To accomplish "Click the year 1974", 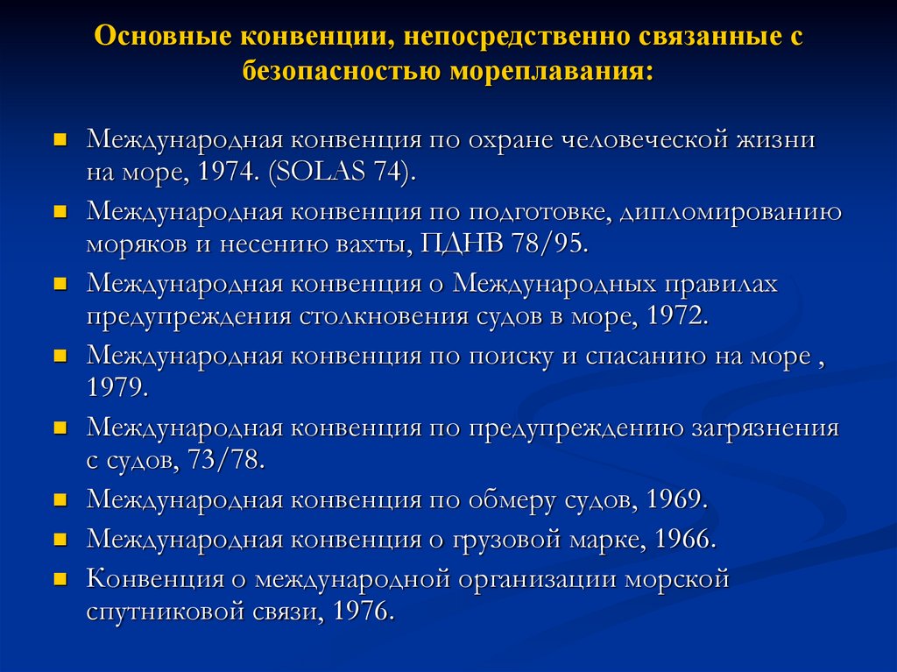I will pyautogui.click(x=228, y=171).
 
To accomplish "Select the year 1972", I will pyautogui.click(x=675, y=315).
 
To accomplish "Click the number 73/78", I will pyautogui.click(x=225, y=460).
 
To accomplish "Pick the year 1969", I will pyautogui.click(x=675, y=499).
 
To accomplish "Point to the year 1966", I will pyautogui.click(x=683, y=538).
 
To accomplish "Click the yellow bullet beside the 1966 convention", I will pyautogui.click(x=60, y=537).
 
